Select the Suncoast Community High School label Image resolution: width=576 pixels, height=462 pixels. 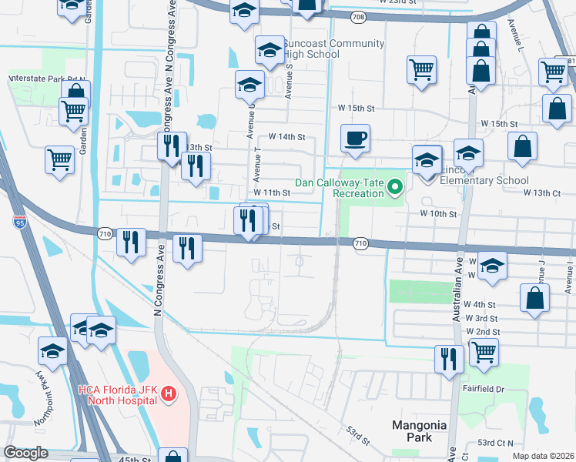pyautogui.click(x=333, y=49)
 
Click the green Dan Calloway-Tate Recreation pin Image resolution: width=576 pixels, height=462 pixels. pyautogui.click(x=395, y=186)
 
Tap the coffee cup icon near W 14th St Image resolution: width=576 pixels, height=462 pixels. pyautogui.click(x=355, y=139)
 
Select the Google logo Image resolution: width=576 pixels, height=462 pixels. pyautogui.click(x=25, y=453)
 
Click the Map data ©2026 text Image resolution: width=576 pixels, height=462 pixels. pyautogui.click(x=543, y=456)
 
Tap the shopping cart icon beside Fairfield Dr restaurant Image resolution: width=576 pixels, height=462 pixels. pyautogui.click(x=483, y=353)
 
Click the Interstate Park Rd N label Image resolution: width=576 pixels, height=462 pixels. pyautogui.click(x=45, y=79)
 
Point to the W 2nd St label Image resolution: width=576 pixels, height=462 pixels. pyautogui.click(x=483, y=332)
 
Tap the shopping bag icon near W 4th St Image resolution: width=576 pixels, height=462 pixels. pyautogui.click(x=534, y=299)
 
